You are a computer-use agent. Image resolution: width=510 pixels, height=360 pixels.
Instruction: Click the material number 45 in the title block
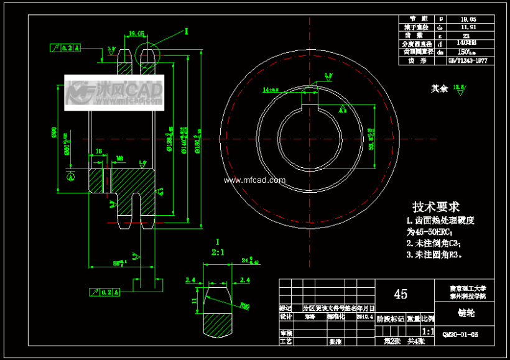point(401,294)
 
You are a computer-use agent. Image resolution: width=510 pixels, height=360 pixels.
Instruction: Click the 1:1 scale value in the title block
point(428,332)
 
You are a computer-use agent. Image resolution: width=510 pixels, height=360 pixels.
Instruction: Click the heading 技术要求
point(436,206)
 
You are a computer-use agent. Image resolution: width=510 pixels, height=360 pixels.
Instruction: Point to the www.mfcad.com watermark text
point(254,180)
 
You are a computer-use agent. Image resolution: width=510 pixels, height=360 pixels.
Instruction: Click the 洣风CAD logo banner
point(114,93)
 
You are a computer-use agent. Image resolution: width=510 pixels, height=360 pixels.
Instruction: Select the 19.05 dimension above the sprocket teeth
point(136,34)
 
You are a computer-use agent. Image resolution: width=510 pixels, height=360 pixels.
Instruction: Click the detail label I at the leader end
point(187,30)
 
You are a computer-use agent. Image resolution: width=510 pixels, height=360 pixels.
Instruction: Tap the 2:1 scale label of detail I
point(218,252)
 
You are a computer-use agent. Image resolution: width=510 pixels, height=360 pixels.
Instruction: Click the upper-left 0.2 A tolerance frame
point(64,47)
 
